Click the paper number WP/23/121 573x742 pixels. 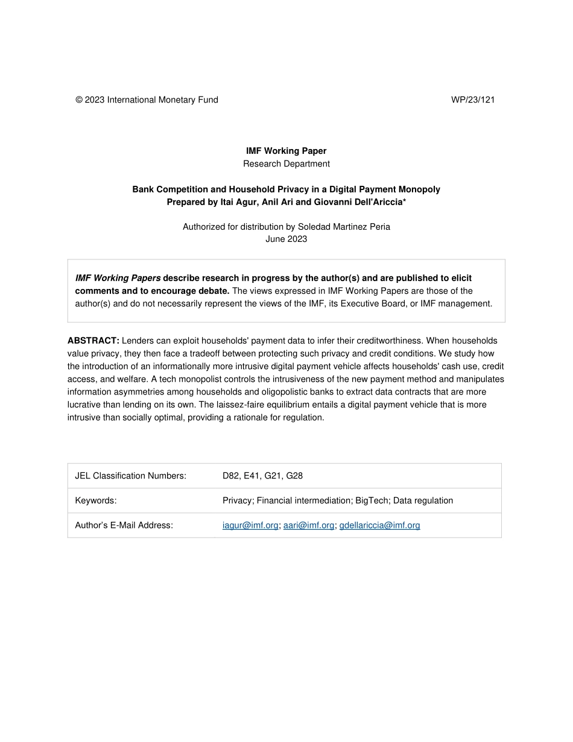472,100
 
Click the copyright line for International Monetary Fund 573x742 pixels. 147,100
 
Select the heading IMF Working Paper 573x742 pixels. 286,151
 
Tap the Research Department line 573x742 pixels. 286,163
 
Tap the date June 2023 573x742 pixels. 286,239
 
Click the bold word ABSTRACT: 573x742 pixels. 93,341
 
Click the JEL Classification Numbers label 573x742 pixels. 130,475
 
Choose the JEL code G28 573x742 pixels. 294,475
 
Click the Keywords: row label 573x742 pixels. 95,500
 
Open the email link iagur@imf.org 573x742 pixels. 250,525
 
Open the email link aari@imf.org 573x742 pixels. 308,525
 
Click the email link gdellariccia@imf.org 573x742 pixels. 379,525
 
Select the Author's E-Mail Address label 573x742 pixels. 124,525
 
